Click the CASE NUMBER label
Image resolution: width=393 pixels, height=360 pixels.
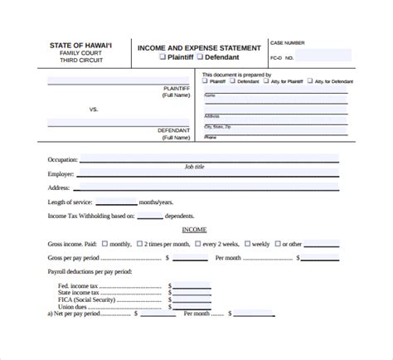click(x=288, y=42)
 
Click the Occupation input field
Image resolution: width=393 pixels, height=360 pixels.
click(x=198, y=158)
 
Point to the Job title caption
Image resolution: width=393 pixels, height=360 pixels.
click(x=194, y=167)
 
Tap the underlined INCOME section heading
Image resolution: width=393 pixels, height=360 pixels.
click(x=195, y=230)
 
